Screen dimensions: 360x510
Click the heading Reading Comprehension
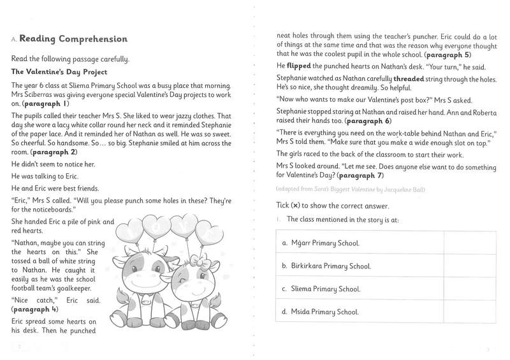pos(73,40)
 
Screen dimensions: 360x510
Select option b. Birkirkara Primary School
pos(326,266)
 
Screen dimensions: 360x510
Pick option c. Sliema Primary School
pos(321,289)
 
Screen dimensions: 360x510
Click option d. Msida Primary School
pos(319,312)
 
